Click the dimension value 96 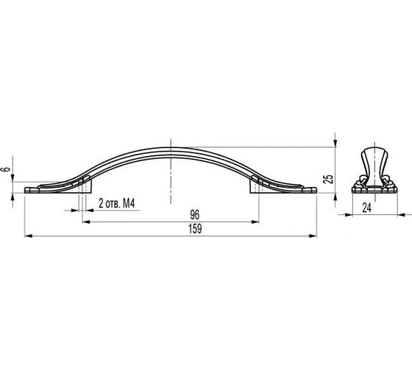(195, 214)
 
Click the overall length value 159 (195, 229)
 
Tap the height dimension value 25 (328, 179)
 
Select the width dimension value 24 (367, 208)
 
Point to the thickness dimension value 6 (7, 169)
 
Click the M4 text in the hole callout (129, 203)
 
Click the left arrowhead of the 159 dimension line (28, 236)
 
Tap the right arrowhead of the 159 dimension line (313, 236)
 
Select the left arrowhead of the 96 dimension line (86, 222)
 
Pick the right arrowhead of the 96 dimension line (255, 222)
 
